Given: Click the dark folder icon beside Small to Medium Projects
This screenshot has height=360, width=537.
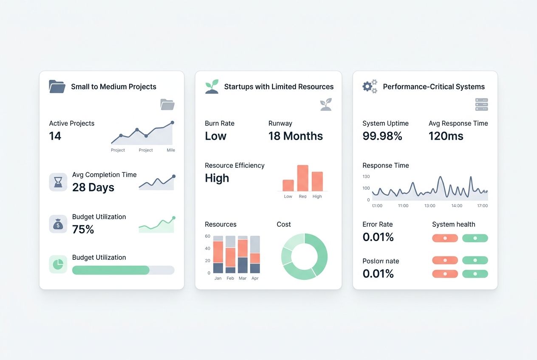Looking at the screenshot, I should [x=57, y=87].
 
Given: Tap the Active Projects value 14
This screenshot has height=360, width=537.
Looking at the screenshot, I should [x=55, y=136].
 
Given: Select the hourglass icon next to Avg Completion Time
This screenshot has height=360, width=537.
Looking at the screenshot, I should [x=58, y=182].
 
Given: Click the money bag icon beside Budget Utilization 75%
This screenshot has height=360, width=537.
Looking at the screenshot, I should [x=58, y=224].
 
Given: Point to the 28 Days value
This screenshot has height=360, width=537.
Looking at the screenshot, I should [x=93, y=187].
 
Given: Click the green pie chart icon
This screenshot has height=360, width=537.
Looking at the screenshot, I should [x=58, y=264].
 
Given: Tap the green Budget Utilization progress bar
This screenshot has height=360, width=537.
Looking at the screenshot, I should [x=111, y=270].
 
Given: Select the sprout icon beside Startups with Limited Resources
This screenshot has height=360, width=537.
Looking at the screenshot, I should [x=212, y=87].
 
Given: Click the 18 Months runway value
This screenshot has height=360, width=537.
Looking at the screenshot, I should [x=295, y=136].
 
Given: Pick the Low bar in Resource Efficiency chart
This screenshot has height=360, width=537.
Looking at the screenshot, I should [x=288, y=186].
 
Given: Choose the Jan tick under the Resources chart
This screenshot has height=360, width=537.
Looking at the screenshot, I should [x=218, y=278].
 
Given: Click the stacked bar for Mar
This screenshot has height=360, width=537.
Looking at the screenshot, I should [x=243, y=255].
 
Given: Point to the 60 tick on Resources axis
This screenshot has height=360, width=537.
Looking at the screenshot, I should [x=208, y=236].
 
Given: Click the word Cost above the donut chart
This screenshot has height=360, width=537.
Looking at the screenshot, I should [x=283, y=224].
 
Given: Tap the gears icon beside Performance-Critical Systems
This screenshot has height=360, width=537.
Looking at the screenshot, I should [x=370, y=87].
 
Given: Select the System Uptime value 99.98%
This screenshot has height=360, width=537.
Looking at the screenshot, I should [x=382, y=136].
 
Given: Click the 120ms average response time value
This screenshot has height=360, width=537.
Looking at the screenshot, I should [x=446, y=136].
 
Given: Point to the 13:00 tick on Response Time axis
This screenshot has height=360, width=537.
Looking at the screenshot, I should [x=430, y=205].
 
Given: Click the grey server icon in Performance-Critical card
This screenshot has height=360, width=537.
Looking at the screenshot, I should [x=481, y=104].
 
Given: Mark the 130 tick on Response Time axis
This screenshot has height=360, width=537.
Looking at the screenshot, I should [x=366, y=177].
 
